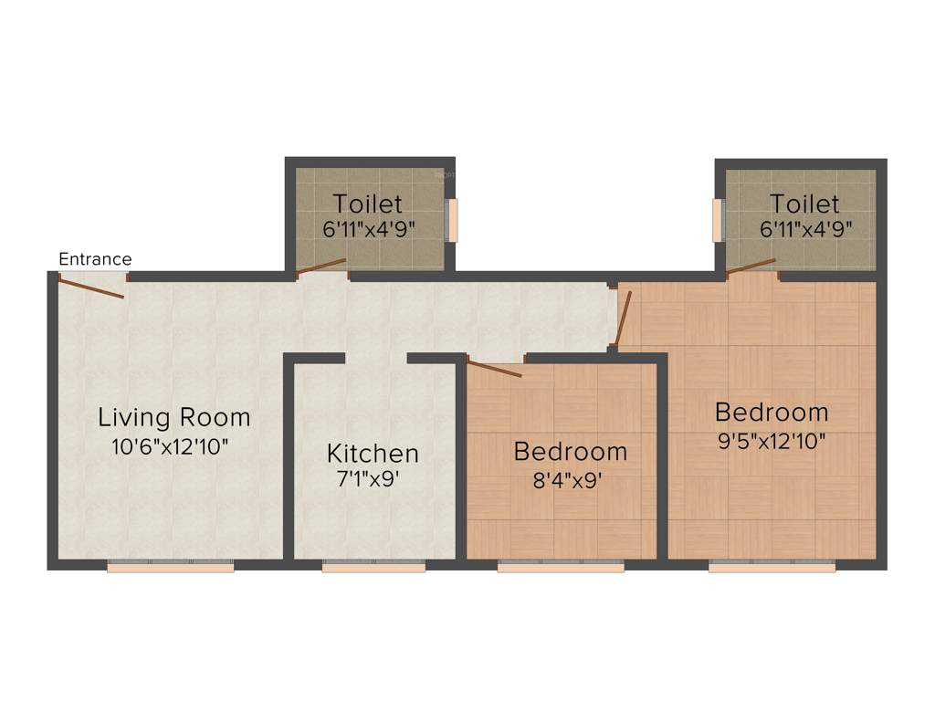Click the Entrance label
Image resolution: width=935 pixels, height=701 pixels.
(x=95, y=259)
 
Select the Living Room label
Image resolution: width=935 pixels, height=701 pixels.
(x=174, y=418)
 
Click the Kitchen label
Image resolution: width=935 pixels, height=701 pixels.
(x=373, y=453)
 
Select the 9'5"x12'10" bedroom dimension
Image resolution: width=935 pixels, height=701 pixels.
(x=772, y=441)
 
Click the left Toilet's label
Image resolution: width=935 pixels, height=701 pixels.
(x=367, y=203)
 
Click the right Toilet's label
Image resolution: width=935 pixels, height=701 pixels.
(x=804, y=203)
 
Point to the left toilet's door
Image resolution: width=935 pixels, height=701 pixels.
(x=320, y=266)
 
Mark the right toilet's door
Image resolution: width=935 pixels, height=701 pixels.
(x=751, y=266)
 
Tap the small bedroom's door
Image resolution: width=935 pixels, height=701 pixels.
(x=494, y=368)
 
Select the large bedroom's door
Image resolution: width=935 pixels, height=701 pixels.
(x=623, y=319)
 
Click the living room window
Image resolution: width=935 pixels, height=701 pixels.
(x=171, y=567)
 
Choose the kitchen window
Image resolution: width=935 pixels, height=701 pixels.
(x=373, y=567)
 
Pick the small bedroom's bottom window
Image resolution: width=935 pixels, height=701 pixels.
(x=561, y=567)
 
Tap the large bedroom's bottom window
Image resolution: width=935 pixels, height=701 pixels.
(x=772, y=567)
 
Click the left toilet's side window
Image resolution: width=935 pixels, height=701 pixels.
(x=452, y=220)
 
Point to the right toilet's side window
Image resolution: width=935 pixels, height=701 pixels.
(x=718, y=220)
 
